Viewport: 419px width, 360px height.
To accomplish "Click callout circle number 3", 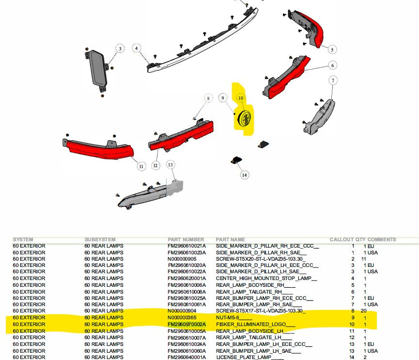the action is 120,48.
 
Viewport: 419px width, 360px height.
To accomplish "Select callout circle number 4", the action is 137,48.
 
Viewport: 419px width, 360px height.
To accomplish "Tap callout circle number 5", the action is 332,49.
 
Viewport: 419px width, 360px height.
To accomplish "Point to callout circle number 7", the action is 333,80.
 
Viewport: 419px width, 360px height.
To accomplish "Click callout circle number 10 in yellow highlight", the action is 241,98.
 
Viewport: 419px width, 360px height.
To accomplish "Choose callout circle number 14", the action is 244,175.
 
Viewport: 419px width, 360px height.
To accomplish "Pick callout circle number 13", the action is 171,165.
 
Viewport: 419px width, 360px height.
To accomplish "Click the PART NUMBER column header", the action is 186,239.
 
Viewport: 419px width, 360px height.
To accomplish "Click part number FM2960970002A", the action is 187,324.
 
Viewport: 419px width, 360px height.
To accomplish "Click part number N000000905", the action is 182,259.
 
